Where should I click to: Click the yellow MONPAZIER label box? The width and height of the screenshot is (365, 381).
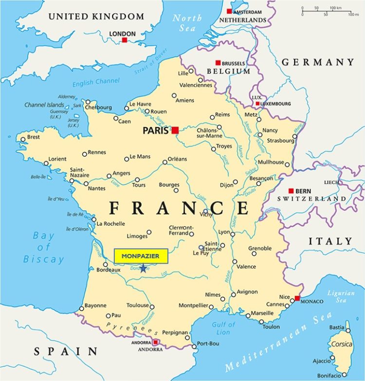(x=141, y=256)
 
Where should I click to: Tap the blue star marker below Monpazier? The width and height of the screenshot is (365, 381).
(x=143, y=268)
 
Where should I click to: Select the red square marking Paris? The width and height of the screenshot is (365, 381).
(x=175, y=130)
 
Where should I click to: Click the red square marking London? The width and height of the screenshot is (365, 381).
(x=125, y=40)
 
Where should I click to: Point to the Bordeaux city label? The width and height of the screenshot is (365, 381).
(x=108, y=270)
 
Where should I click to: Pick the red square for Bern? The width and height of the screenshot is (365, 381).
(x=291, y=191)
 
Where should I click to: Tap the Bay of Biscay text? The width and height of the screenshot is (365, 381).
(x=44, y=247)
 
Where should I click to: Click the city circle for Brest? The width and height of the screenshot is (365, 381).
(x=22, y=139)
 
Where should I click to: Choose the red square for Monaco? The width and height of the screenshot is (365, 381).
(x=297, y=298)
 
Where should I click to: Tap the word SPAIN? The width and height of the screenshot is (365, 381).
(x=66, y=351)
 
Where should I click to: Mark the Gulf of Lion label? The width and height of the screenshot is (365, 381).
(x=223, y=328)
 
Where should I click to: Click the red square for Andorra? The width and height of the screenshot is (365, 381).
(x=156, y=343)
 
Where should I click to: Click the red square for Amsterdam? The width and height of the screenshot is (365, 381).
(x=229, y=11)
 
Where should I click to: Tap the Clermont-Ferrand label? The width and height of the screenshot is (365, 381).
(x=182, y=230)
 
